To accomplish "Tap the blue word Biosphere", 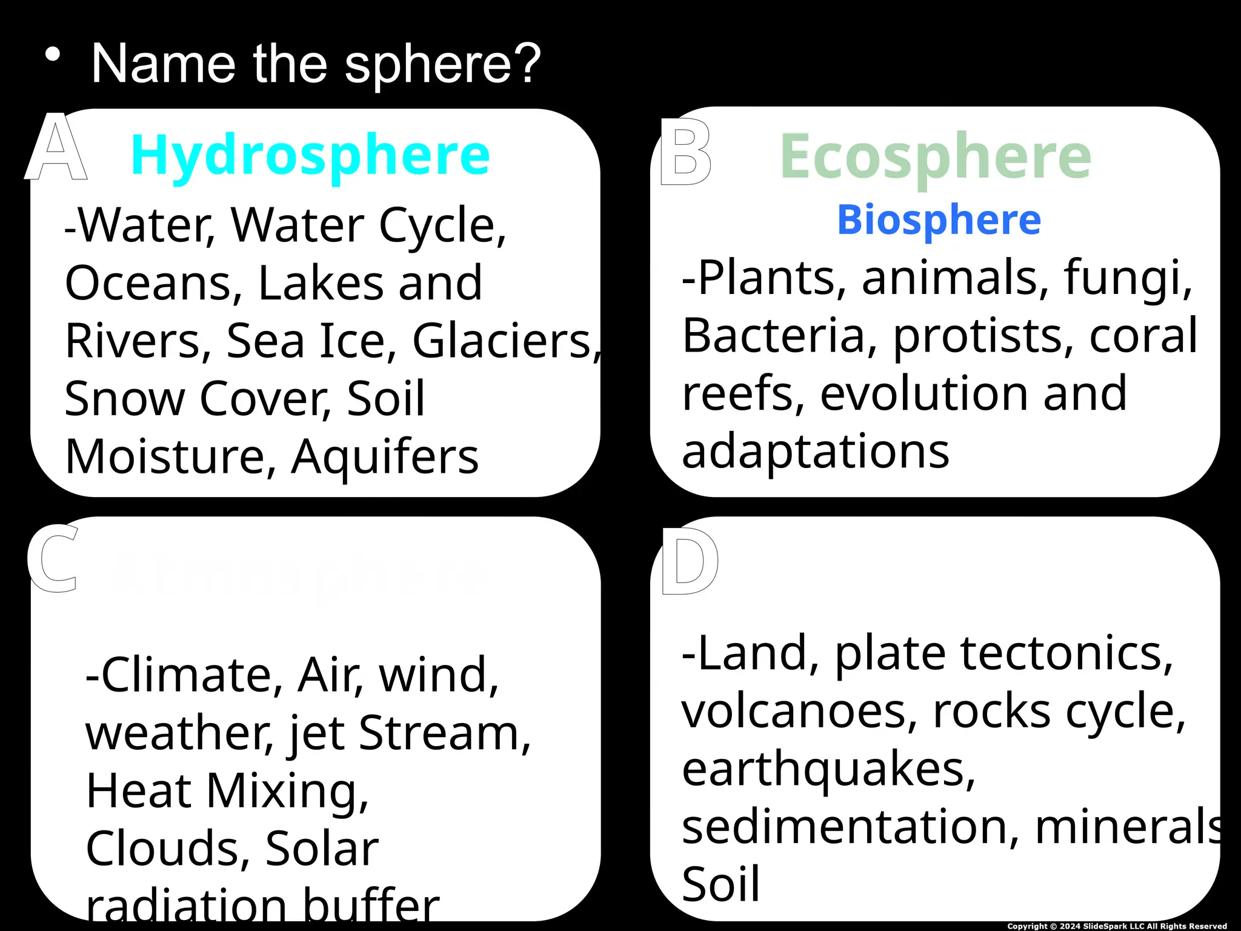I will [x=939, y=219].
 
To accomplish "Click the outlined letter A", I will [x=56, y=148].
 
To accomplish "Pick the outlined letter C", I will [x=53, y=559].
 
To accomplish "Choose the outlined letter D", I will [x=690, y=561].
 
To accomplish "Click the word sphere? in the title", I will [x=443, y=64].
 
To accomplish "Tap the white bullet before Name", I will [x=53, y=55].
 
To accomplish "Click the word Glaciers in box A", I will [x=502, y=341].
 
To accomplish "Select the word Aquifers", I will [x=385, y=456].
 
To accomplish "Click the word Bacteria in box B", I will [x=773, y=336].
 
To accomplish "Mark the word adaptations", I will [x=815, y=452].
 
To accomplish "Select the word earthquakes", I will [x=828, y=769].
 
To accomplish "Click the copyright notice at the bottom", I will [x=1117, y=926].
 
